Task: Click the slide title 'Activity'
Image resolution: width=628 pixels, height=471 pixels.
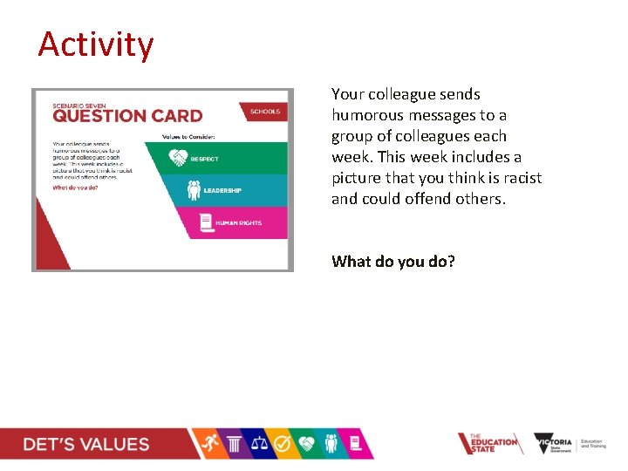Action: coord(95,44)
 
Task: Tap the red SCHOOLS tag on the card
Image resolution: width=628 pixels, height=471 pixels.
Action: coord(265,112)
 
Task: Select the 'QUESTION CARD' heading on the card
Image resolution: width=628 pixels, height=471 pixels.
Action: coord(126,116)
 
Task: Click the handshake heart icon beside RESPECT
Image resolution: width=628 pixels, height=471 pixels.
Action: coord(178,159)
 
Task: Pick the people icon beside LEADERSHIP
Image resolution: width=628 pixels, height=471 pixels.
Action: coord(194,190)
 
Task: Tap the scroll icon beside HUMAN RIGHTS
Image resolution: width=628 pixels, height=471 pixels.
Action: coord(206,222)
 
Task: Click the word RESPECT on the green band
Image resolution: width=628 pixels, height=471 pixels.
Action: coord(205,160)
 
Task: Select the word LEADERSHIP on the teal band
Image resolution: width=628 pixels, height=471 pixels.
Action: coord(222,191)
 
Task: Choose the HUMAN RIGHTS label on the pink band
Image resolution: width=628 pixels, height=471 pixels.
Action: coord(239,222)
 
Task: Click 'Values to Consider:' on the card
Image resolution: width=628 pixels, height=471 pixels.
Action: coord(189,136)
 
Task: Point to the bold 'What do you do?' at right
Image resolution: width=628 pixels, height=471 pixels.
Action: coord(392,261)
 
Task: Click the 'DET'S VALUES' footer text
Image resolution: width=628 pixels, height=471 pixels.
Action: coord(86,444)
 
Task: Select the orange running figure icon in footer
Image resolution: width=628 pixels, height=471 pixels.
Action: coord(208,444)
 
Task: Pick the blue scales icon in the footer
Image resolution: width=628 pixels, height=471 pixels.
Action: coord(259,444)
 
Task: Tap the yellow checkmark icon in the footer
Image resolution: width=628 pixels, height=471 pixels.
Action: coord(283,444)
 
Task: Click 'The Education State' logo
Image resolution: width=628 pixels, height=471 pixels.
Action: coord(488,444)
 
